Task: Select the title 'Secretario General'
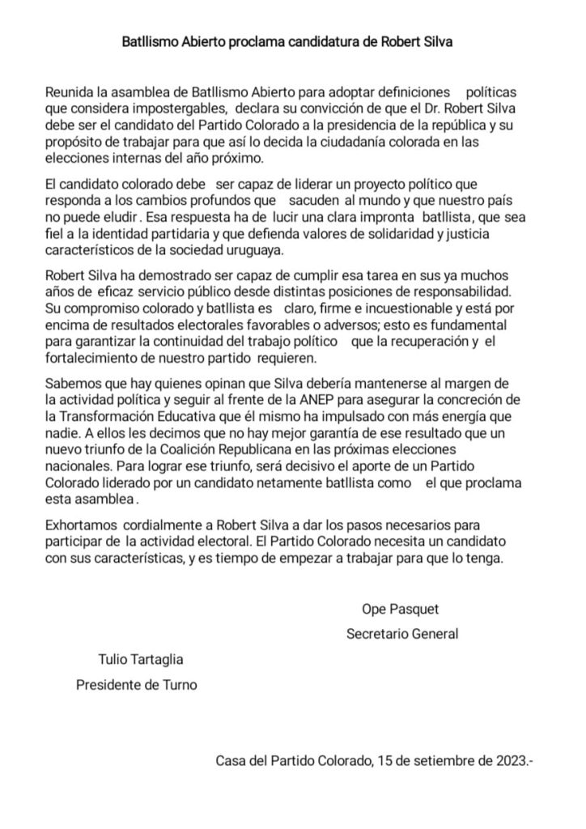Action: tap(402, 634)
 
